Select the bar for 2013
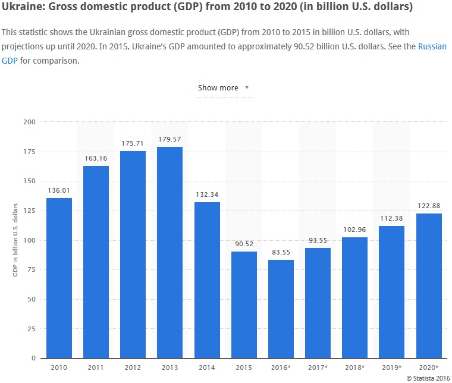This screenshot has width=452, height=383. coord(169,253)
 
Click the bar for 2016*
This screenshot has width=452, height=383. coord(281,309)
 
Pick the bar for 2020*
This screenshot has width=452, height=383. coord(428,286)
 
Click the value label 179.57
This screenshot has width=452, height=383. coord(169,139)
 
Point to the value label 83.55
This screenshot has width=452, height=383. coord(281,252)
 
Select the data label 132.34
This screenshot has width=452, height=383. coord(207,194)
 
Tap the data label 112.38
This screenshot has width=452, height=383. coord(391,218)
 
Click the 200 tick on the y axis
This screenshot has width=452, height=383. coord(29,122)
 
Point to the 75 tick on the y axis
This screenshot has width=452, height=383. coord(31,269)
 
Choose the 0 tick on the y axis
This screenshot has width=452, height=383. coord(33,358)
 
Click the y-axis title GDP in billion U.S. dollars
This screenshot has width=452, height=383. coord(15,240)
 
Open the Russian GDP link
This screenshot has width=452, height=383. coord(432,46)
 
